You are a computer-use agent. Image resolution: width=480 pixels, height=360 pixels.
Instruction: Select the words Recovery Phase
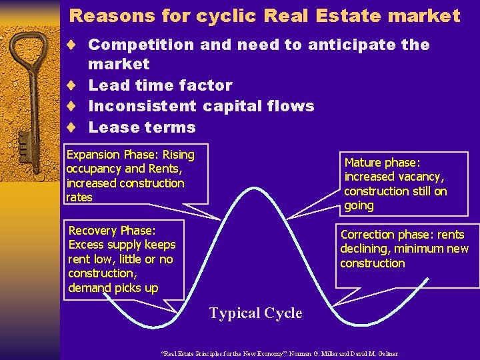click(x=112, y=231)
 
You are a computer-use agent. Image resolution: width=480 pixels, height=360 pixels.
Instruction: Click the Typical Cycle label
click(x=255, y=313)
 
